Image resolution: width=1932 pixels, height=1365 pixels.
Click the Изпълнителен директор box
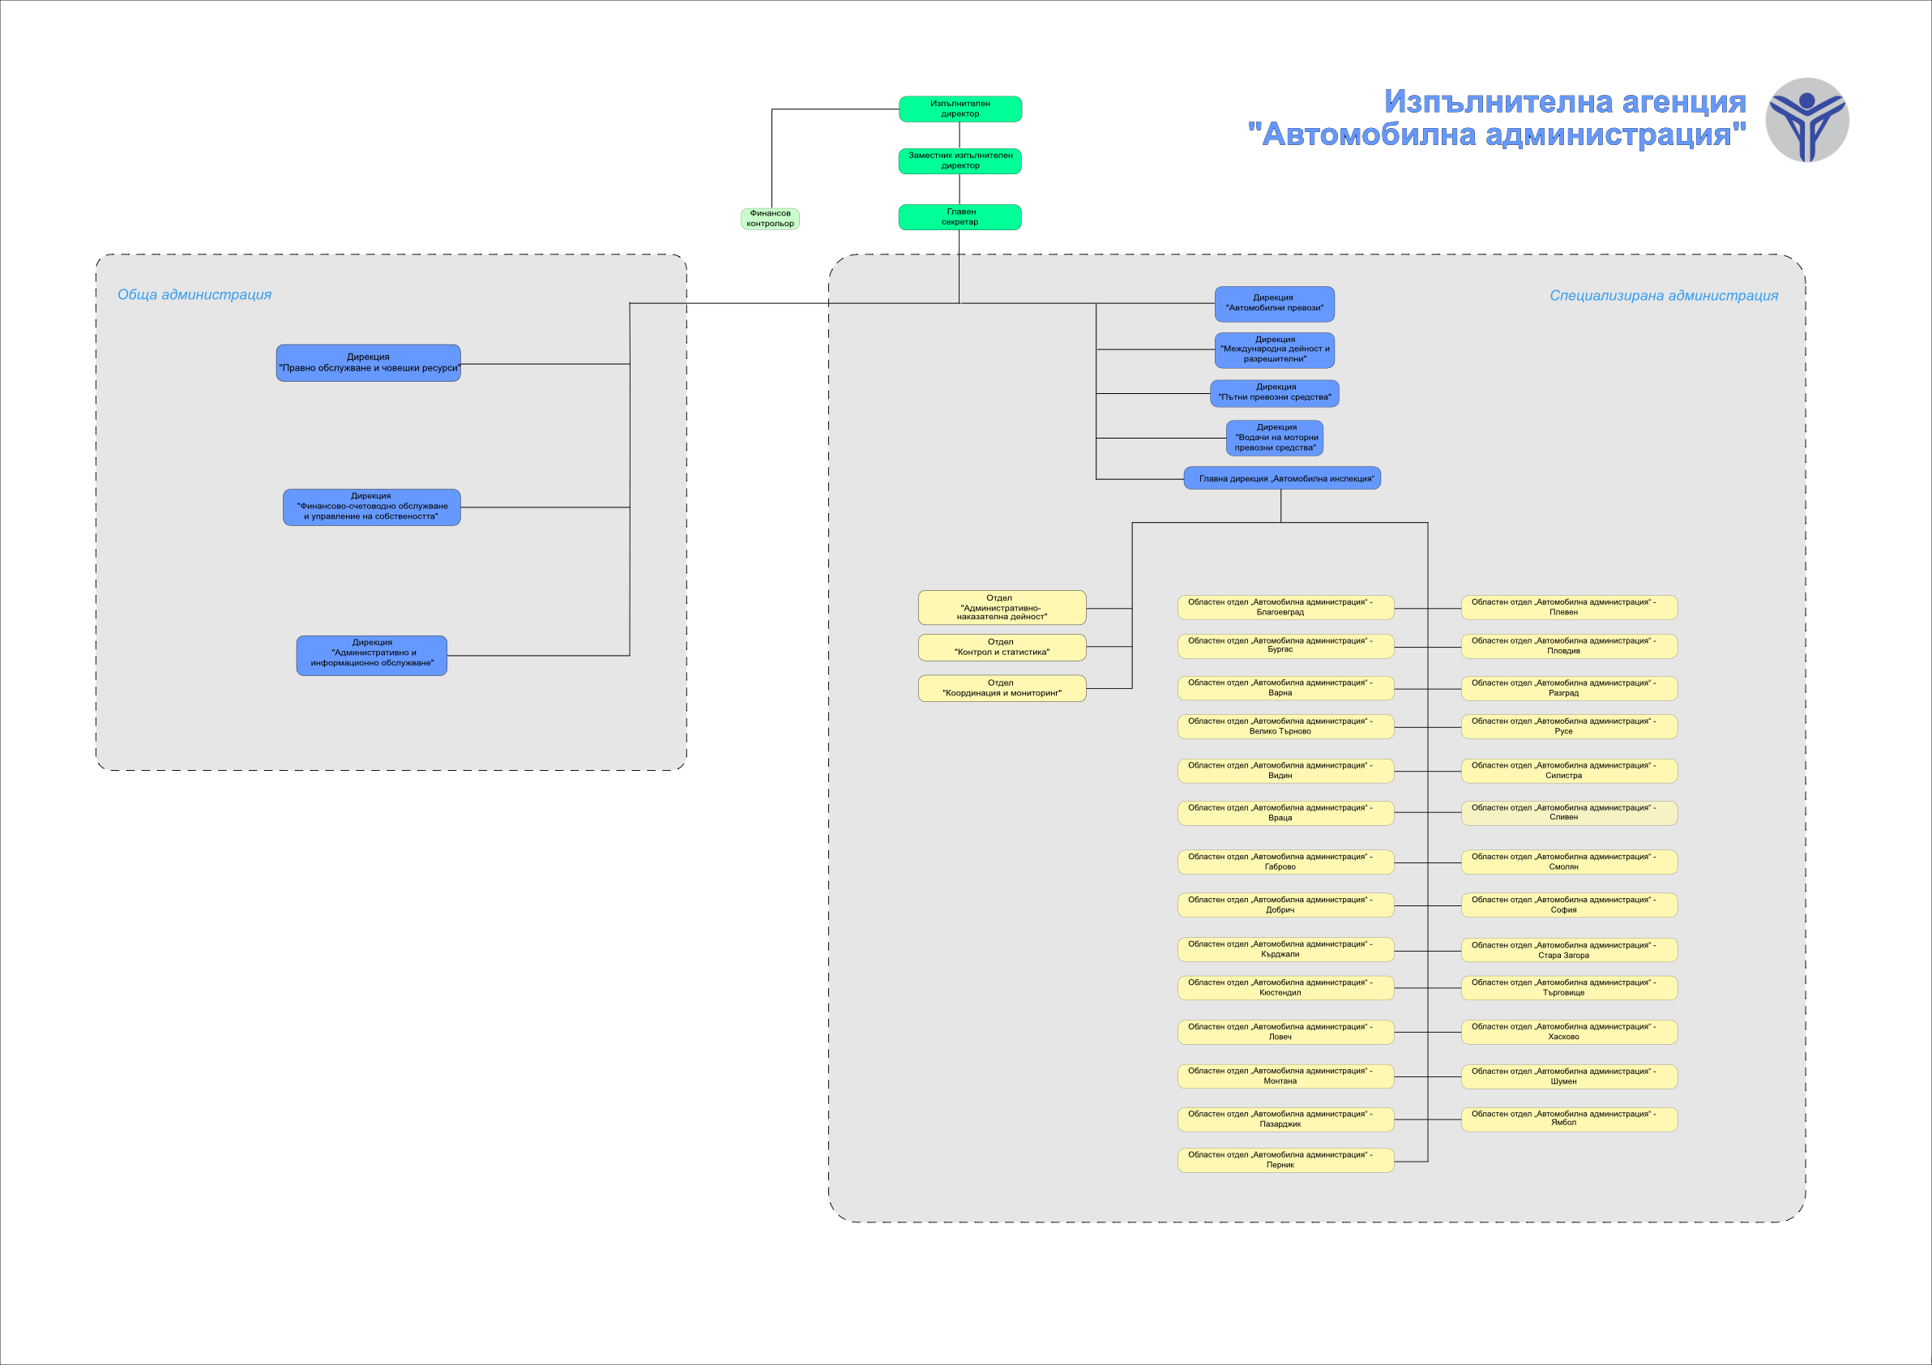(x=960, y=109)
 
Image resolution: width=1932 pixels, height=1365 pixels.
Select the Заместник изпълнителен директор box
(x=960, y=160)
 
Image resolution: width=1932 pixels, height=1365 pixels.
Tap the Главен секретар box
(x=960, y=217)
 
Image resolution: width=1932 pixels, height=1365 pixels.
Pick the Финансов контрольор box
(x=770, y=219)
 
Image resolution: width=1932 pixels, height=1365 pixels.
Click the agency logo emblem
(x=1806, y=119)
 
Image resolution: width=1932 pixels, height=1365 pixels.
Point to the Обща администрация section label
(x=194, y=294)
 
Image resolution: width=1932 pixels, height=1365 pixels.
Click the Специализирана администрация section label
(x=1664, y=295)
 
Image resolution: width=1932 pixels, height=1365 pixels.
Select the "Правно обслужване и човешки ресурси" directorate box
(x=369, y=362)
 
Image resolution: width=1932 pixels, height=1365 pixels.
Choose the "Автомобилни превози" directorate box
(x=1274, y=304)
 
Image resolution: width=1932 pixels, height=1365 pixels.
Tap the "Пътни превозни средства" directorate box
(x=1274, y=393)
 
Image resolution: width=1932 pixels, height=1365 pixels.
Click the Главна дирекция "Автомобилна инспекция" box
(x=1281, y=478)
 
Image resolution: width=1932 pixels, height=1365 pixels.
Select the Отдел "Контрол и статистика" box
(x=1002, y=647)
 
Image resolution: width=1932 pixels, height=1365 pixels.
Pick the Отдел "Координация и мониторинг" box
(x=1002, y=688)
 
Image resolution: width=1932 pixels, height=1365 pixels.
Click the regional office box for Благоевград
(x=1286, y=608)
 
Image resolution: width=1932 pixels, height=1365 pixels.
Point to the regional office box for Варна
(x=1286, y=688)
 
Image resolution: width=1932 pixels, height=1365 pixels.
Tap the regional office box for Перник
(x=1286, y=1161)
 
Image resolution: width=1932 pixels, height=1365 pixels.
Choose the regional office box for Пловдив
(x=1569, y=646)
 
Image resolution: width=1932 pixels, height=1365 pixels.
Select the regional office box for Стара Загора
(x=1569, y=950)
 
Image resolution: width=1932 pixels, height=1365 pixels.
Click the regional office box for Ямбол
(x=1569, y=1119)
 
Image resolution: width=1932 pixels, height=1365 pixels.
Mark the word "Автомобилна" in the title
(x=1369, y=135)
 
